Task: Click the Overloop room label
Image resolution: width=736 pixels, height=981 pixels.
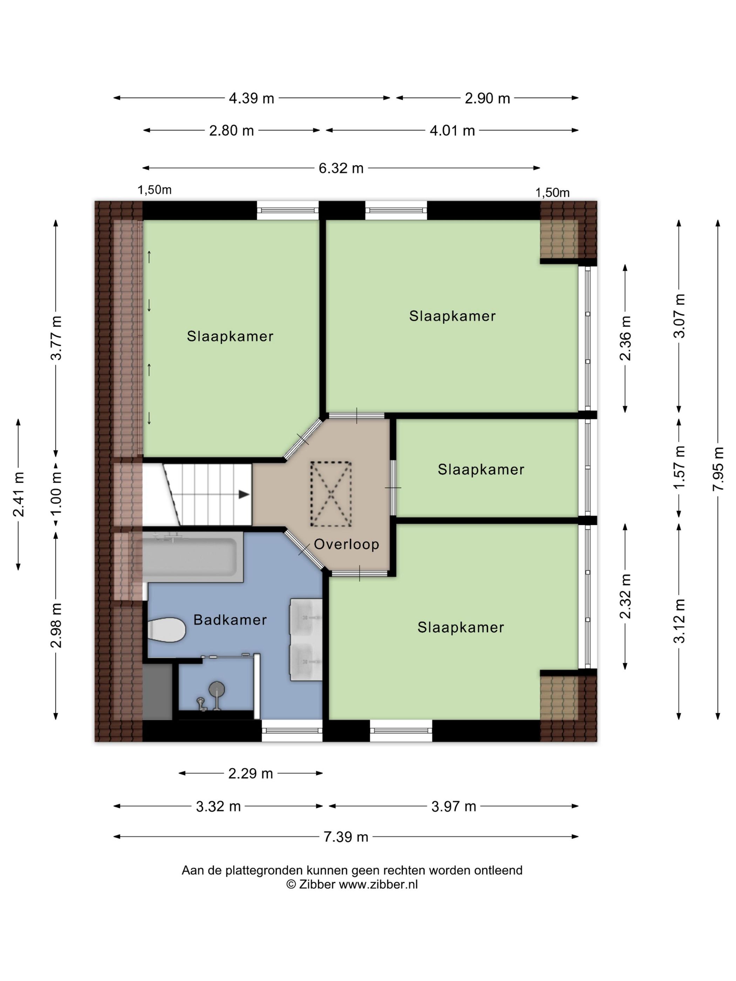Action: coord(347,544)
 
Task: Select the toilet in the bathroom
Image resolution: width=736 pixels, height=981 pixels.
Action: coord(167,629)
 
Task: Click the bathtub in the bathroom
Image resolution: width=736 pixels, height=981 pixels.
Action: coord(192,557)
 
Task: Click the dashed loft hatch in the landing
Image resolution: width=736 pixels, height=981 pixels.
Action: coord(331,494)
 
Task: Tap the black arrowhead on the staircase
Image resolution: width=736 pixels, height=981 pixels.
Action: coord(244,494)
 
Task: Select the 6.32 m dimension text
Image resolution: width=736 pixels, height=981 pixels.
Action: coord(341,168)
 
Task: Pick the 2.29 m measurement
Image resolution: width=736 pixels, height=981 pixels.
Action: coord(250,774)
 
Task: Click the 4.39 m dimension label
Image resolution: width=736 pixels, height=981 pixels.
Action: coord(252,98)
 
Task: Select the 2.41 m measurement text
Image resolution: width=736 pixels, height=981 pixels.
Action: coord(19,494)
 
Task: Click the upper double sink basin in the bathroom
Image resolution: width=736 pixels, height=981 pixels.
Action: coord(306,618)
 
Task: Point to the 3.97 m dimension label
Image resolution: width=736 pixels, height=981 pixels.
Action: coord(454,806)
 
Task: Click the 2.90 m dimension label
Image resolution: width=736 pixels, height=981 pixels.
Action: coord(487,98)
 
